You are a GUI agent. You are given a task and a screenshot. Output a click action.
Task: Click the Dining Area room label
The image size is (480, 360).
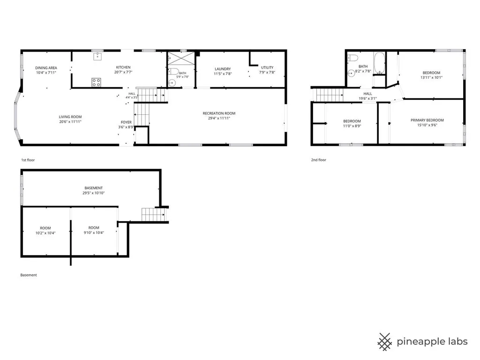[46, 68]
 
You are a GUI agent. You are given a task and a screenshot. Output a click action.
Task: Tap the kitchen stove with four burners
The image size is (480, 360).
[96, 82]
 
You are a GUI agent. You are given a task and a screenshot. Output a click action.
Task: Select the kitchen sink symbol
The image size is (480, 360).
[97, 56]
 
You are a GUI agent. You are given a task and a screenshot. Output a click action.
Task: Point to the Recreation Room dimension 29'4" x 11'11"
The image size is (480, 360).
[219, 118]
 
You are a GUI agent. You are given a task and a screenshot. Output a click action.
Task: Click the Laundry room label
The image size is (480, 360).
[223, 69]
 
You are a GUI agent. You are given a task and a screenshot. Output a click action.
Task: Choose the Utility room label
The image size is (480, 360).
[267, 67]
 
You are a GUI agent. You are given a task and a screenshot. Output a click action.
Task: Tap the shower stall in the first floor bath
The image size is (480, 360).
[181, 59]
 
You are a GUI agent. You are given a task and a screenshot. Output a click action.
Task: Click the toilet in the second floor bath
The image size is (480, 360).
[353, 58]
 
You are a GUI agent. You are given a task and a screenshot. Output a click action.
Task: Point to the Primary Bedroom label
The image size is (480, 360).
[427, 120]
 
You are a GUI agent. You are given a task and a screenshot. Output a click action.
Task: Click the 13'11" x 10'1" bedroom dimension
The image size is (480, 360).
[431, 77]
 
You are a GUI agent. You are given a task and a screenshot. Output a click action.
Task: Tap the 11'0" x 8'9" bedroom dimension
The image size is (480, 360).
[352, 126]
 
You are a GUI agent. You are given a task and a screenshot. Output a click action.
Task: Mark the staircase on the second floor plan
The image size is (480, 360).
[330, 95]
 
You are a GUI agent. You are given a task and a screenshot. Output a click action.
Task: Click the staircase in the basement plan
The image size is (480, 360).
[154, 214]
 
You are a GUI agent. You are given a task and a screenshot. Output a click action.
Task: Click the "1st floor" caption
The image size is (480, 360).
[28, 160]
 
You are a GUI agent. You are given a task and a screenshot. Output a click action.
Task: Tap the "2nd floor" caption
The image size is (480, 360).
[319, 160]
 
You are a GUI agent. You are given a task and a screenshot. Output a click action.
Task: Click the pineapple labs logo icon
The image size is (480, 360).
[385, 342]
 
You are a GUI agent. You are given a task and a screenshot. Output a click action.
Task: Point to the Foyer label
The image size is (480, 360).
[126, 122]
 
